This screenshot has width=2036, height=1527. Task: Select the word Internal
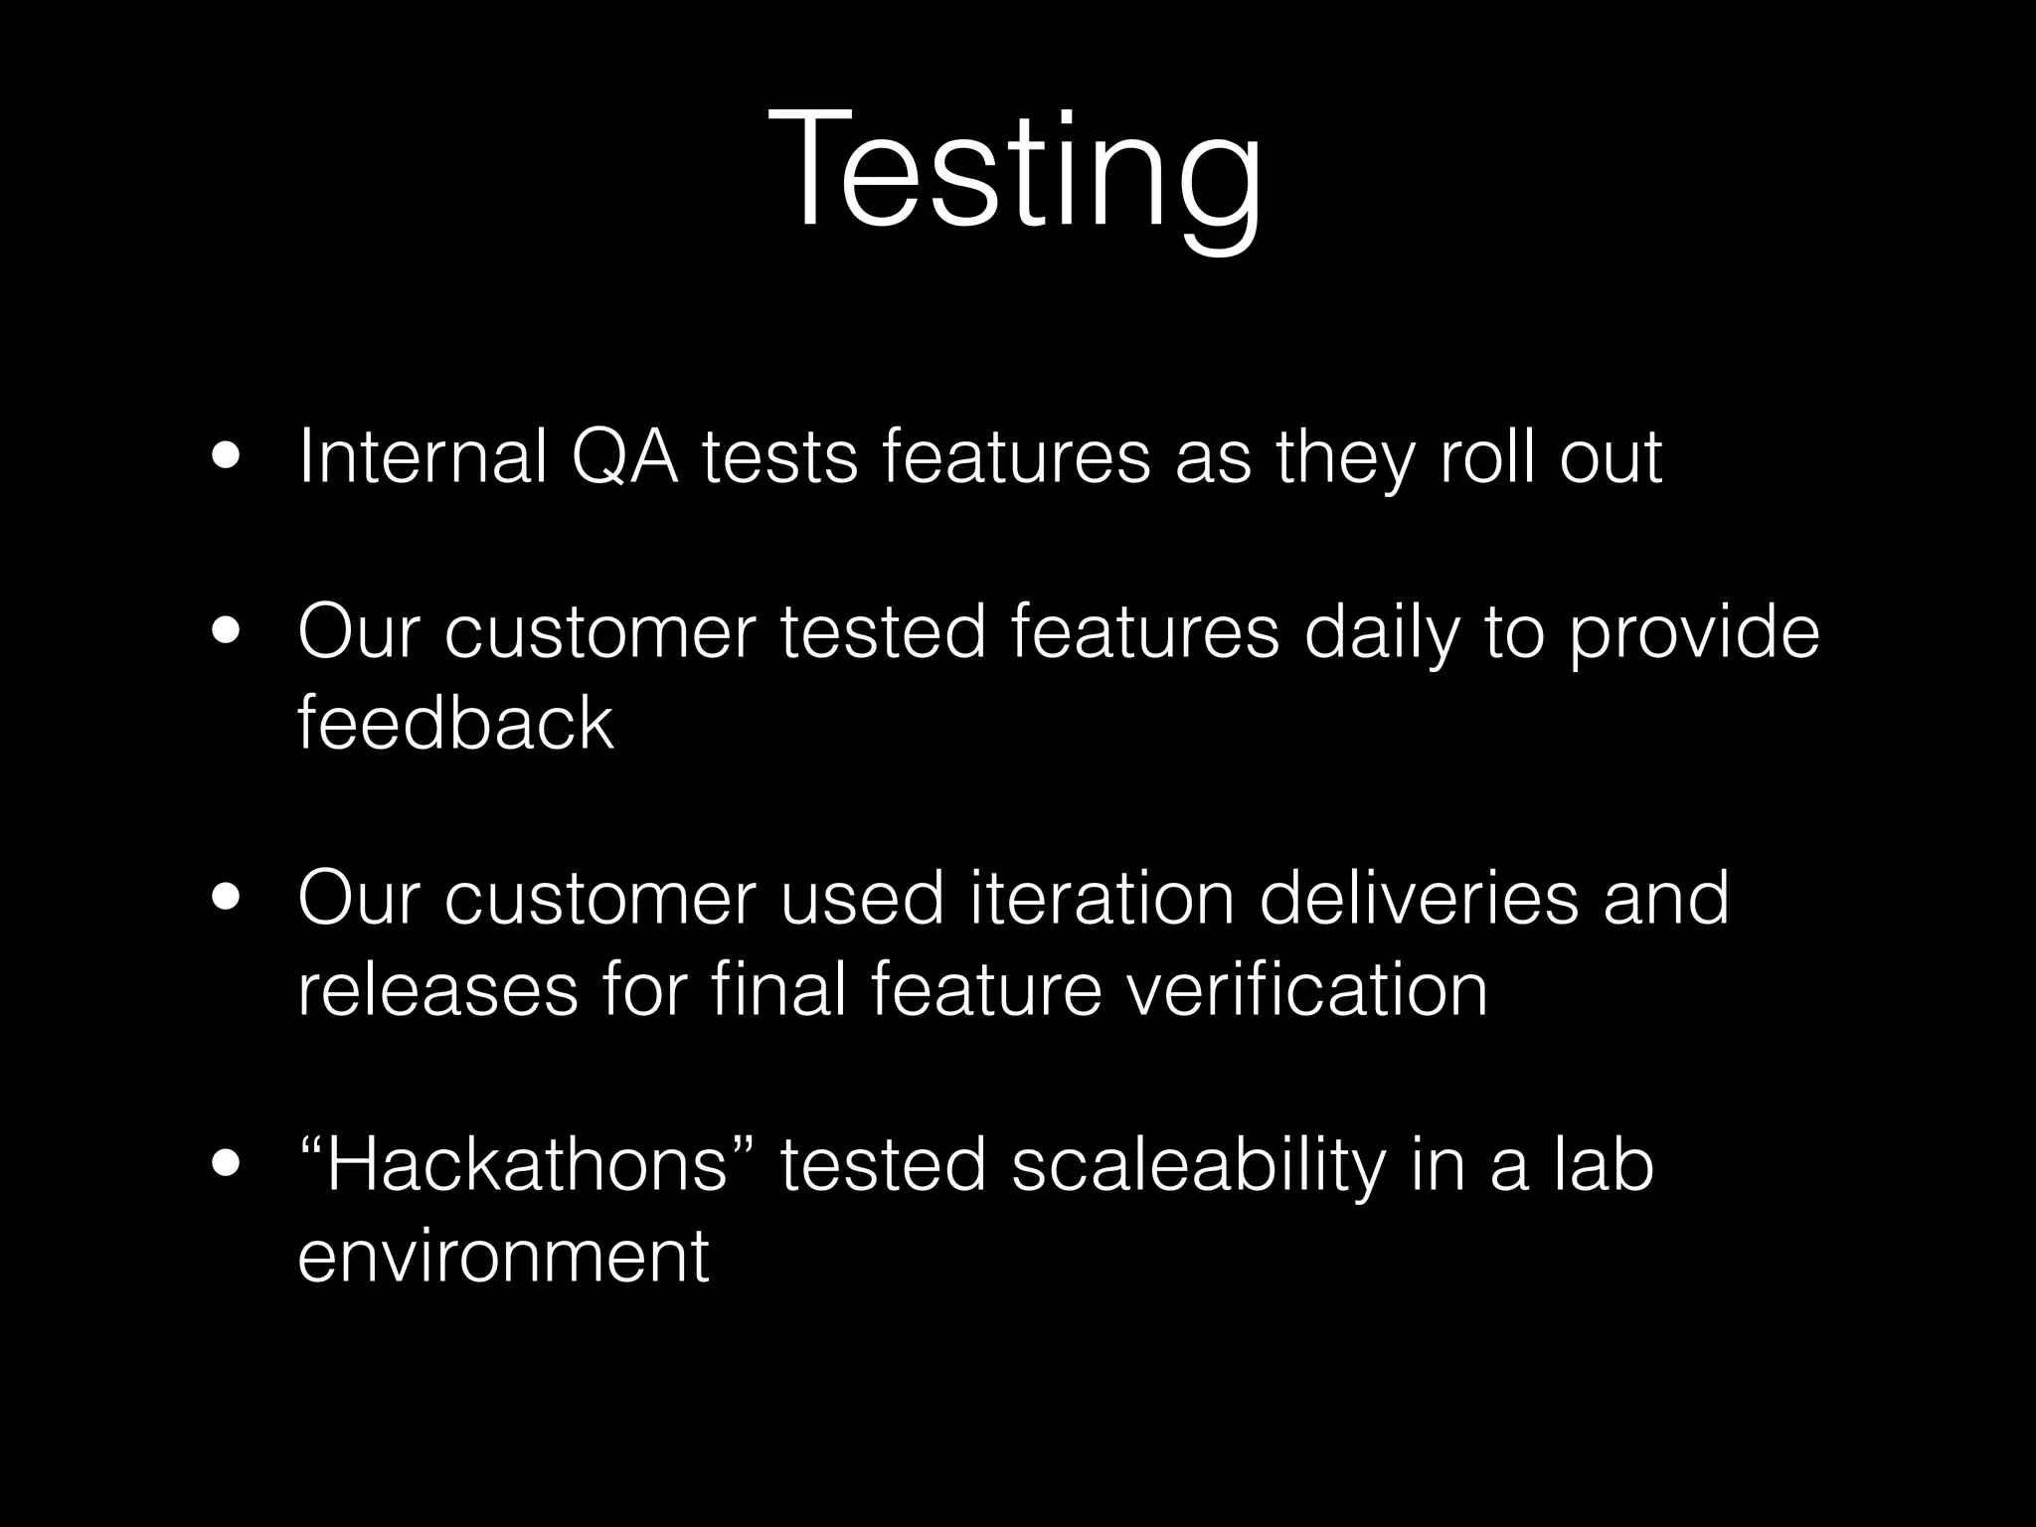click(423, 457)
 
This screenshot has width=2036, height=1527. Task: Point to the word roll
click(1487, 457)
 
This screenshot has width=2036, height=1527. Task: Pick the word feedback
click(455, 723)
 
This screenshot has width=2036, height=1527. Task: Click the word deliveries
click(1420, 899)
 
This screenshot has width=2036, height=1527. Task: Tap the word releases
click(437, 990)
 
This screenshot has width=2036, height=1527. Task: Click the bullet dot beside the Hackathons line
click(225, 1166)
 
